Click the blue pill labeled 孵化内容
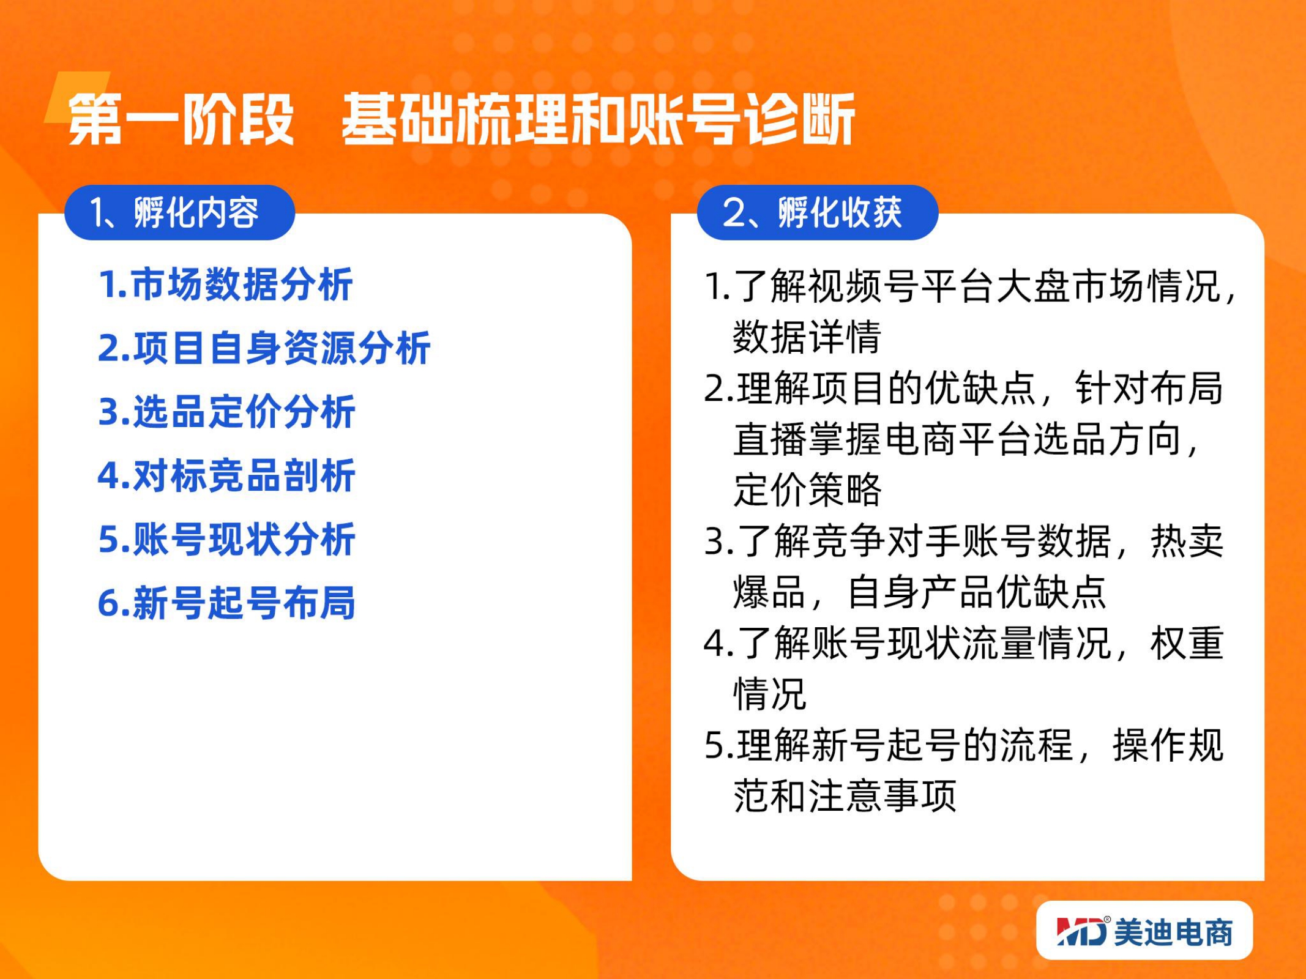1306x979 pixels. pos(180,213)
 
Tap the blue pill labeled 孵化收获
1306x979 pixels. pos(818,213)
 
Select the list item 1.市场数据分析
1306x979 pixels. pos(226,285)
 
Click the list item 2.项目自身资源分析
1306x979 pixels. pos(264,348)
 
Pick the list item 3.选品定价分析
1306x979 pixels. pos(226,412)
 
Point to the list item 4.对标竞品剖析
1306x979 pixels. pos(226,475)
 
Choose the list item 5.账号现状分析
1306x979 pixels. pos(226,539)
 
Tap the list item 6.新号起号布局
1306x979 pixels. pos(226,603)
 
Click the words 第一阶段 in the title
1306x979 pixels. pos(181,119)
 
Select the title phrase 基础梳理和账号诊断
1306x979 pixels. pos(598,119)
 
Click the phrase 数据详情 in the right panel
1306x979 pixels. pos(807,337)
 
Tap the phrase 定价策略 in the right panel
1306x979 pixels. pos(807,490)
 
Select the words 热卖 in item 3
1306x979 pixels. pos(1187,542)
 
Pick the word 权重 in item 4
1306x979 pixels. pos(1187,643)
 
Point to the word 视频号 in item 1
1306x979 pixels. pos(864,286)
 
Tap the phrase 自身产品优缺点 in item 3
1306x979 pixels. pos(977,592)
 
